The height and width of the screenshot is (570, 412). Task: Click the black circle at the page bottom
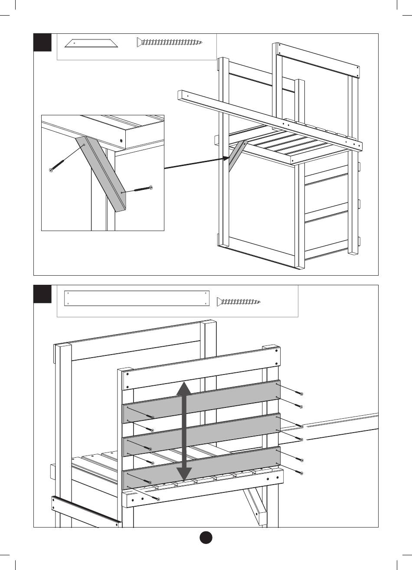click(x=206, y=537)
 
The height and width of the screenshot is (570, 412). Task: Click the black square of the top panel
click(x=43, y=42)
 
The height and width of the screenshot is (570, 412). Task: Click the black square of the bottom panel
click(x=43, y=294)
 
